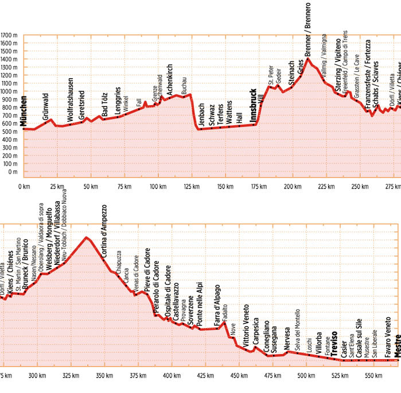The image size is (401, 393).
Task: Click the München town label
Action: (x=24, y=111)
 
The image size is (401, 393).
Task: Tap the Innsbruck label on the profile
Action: (x=253, y=103)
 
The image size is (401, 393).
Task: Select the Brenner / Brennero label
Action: (x=308, y=29)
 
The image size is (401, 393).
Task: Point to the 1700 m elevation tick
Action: (x=10, y=36)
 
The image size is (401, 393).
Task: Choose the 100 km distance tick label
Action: (x=158, y=187)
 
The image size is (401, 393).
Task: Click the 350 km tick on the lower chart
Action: (x=104, y=376)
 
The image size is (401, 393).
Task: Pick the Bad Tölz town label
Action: (x=104, y=105)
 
